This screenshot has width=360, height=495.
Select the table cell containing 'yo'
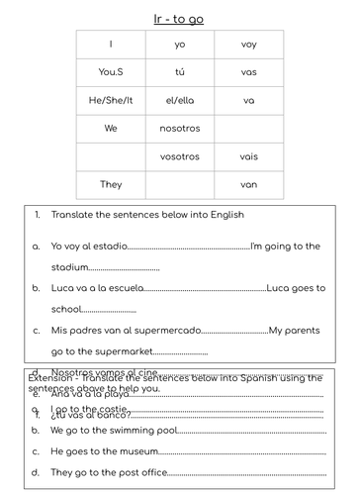(179, 45)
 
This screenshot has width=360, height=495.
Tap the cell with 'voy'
(248, 45)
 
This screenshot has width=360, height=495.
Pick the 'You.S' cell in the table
(111, 72)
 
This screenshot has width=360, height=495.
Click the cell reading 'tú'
(179, 72)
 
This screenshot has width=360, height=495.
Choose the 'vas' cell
(248, 72)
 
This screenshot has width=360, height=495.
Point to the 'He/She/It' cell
(111, 100)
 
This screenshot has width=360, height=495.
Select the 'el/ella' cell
(179, 100)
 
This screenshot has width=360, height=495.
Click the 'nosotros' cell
(179, 128)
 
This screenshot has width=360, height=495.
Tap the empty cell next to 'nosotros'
(248, 128)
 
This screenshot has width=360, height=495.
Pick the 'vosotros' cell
(179, 156)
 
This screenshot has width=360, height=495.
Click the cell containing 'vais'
(248, 156)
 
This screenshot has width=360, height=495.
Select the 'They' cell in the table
(111, 184)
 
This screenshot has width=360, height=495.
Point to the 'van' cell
(248, 184)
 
